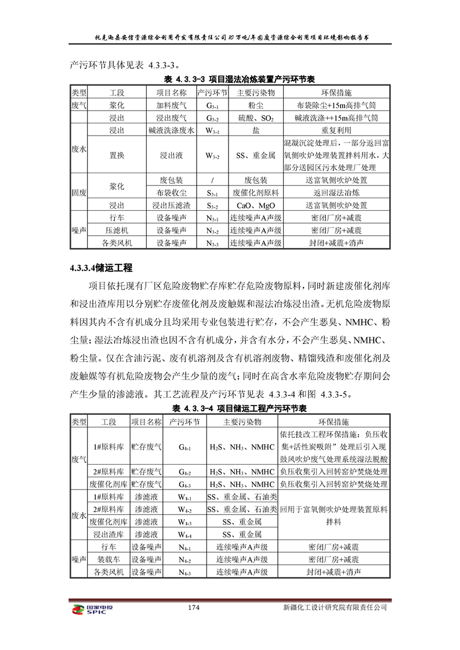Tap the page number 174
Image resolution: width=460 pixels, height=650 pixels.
tap(194, 608)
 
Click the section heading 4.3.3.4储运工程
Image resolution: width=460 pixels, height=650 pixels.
tap(101, 268)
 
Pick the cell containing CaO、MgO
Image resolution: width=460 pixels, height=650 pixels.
tap(255, 205)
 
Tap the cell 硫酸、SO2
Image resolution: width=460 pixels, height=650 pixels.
tap(255, 117)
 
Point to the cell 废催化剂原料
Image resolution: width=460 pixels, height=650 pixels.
tap(255, 192)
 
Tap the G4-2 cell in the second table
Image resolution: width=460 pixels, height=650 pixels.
tap(184, 472)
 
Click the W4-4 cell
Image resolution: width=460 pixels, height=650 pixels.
tap(184, 534)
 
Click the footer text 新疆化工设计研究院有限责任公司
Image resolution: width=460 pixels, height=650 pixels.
tap(335, 608)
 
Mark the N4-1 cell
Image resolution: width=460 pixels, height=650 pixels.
tap(184, 547)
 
